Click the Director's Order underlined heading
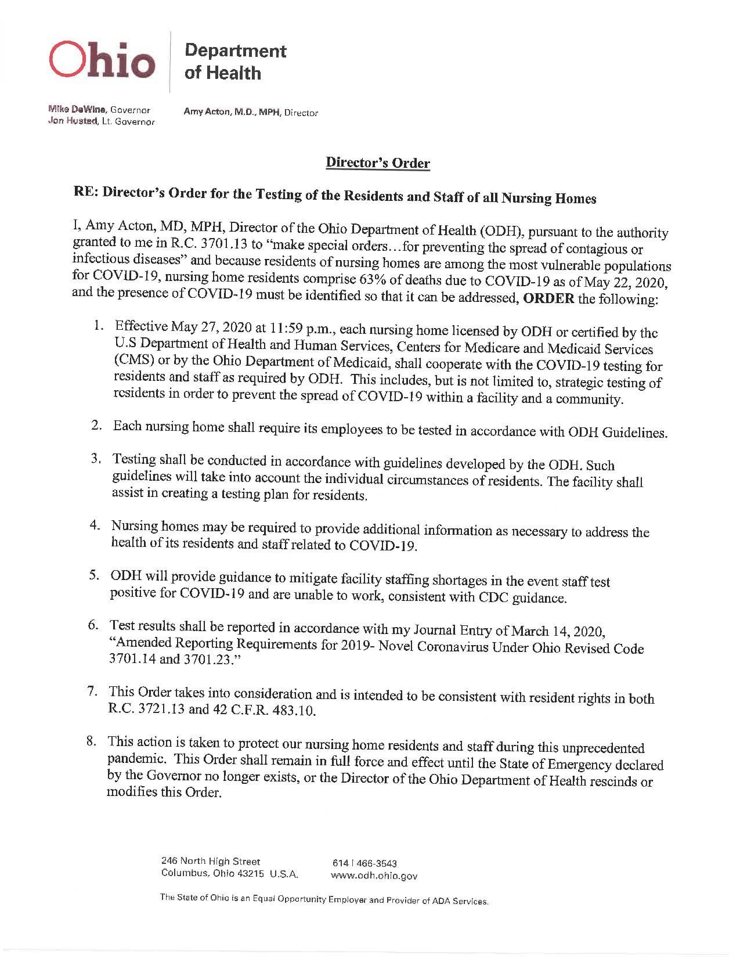378,163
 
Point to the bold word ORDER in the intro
548,299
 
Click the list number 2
97,426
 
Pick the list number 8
91,741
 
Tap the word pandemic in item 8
136,759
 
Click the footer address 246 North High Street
211,861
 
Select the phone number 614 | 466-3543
364,863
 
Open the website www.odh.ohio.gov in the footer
374,876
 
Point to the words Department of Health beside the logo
235,62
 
